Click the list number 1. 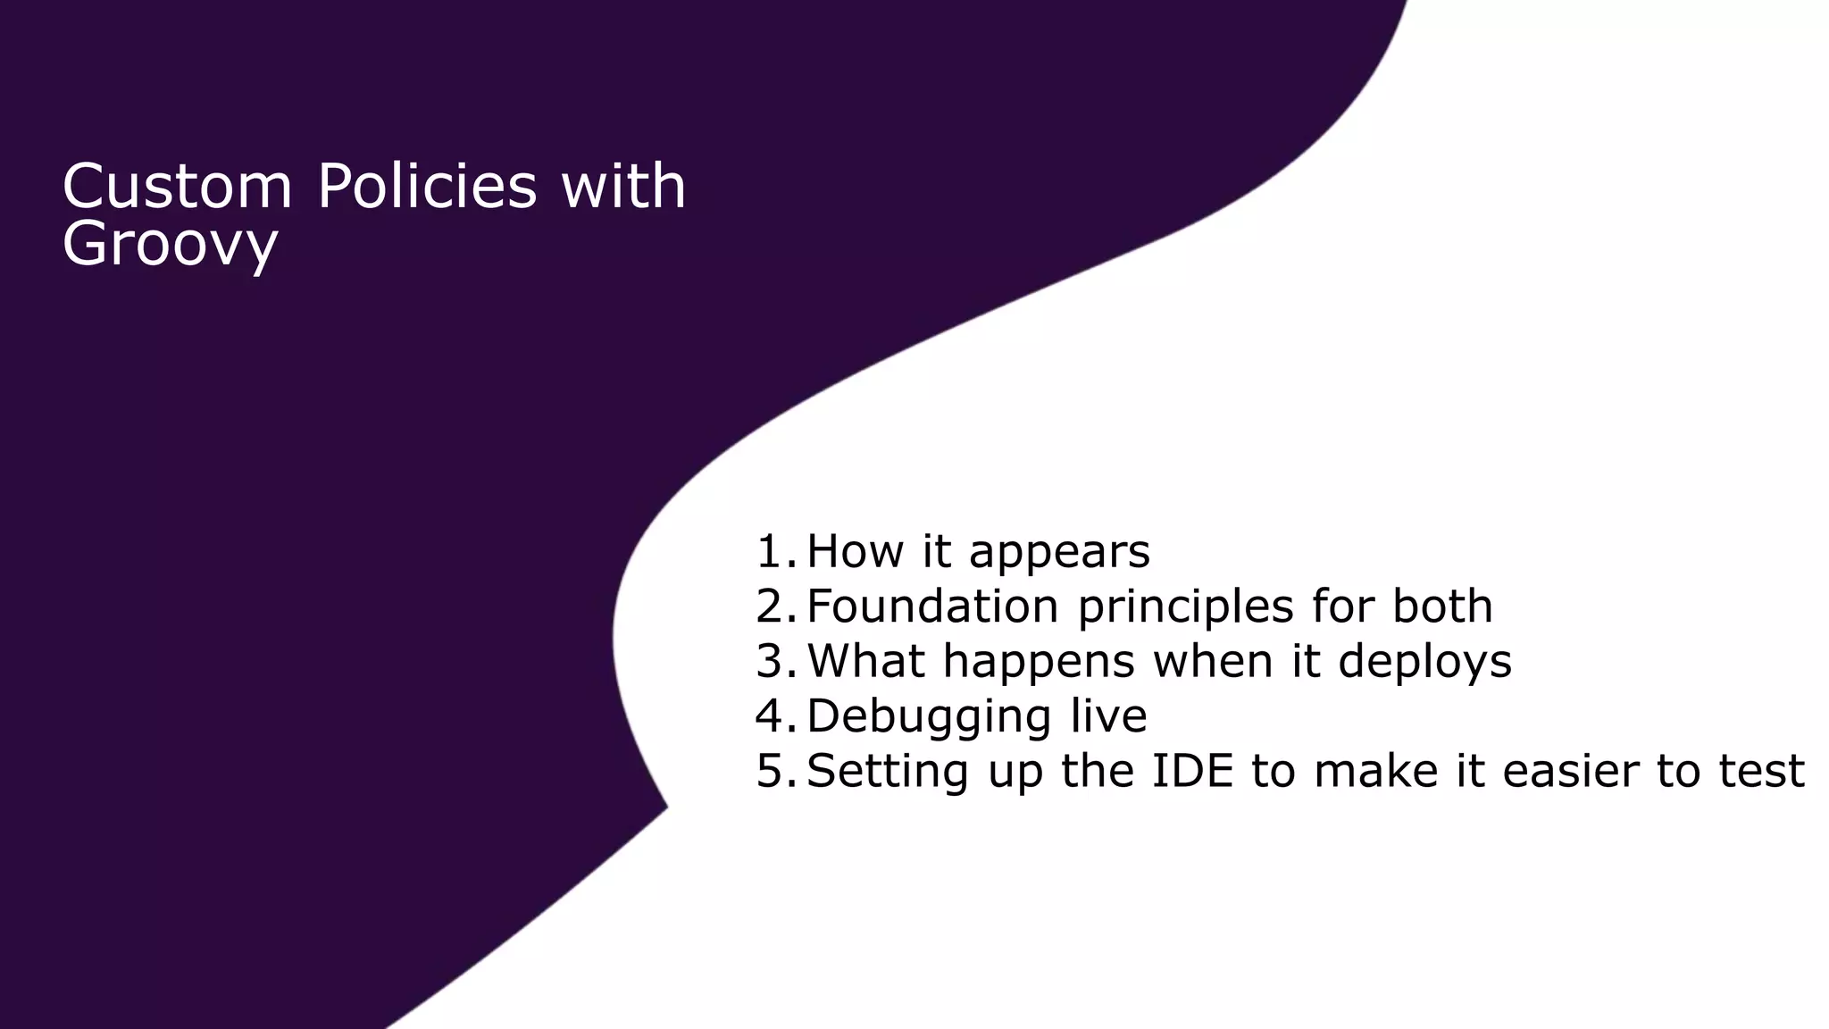tap(773, 551)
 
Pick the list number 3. tap(773, 661)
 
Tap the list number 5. tap(773, 771)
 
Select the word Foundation tap(931, 606)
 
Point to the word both tap(1442, 606)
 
